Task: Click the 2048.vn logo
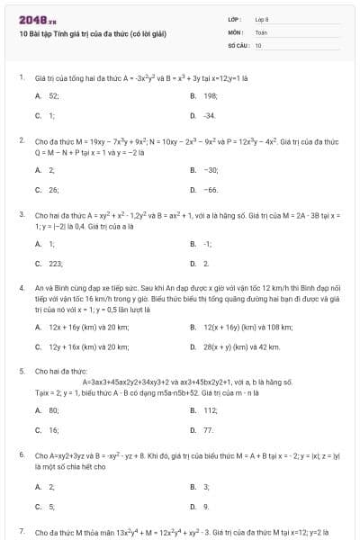pos(31,18)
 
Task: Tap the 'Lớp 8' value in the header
pos(261,18)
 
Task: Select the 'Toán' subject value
pos(261,31)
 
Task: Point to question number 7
pos(21,532)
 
